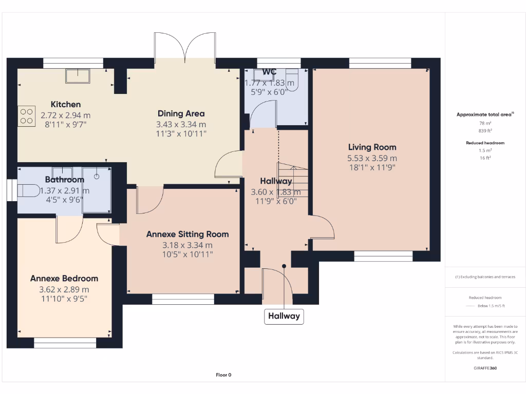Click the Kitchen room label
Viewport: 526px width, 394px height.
tap(65, 104)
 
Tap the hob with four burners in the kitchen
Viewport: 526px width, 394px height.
tap(26, 115)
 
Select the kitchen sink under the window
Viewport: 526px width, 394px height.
tap(77, 75)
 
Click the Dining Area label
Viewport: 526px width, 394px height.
tap(181, 113)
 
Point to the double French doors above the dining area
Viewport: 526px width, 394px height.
tap(185, 47)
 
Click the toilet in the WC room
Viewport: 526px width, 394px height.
tap(292, 80)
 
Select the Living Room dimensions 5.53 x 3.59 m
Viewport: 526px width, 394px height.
tap(372, 159)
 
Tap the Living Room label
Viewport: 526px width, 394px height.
tap(372, 147)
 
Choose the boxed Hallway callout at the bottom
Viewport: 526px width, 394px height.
tap(283, 316)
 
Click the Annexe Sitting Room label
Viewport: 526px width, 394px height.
tap(187, 234)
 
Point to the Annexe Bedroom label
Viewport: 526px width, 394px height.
tap(64, 278)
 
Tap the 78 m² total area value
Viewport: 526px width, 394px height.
tap(485, 124)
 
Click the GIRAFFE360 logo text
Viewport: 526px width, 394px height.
tap(485, 368)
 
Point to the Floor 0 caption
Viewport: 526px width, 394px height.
tap(223, 375)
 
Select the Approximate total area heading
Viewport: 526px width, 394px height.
tap(484, 114)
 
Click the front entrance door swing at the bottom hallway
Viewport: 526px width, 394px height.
tap(276, 285)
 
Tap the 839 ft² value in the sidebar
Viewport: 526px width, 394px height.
tap(485, 131)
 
